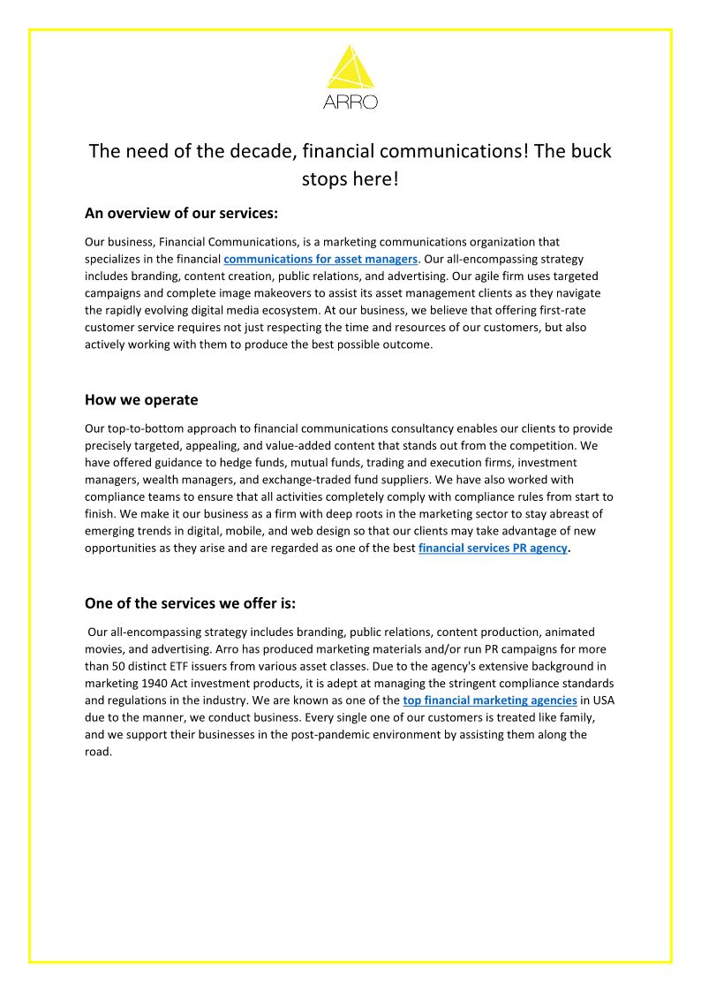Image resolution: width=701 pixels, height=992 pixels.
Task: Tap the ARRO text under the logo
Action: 350,102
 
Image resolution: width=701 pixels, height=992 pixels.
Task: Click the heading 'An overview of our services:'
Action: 181,213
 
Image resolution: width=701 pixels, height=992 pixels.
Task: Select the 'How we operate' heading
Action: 141,399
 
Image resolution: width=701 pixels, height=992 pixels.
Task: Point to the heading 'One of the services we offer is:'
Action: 190,603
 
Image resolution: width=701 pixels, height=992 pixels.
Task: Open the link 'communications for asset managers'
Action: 320,259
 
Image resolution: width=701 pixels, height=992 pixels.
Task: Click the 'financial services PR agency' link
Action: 493,548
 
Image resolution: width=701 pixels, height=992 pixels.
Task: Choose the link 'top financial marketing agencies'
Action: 490,700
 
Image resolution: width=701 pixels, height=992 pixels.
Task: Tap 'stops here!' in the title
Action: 350,179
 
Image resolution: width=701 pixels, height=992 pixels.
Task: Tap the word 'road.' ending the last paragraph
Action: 99,752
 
